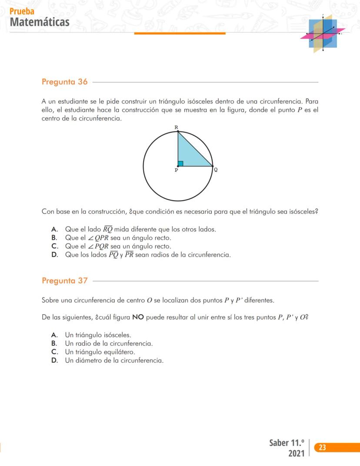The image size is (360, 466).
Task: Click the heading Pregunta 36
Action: pos(64,82)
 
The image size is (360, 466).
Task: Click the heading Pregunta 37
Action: pos(64,281)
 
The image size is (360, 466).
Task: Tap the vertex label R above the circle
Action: pos(176,127)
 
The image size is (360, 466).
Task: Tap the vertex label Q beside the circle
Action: pos(216,170)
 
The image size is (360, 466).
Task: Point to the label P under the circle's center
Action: pos(176,171)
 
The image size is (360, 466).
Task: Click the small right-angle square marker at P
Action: pos(180,164)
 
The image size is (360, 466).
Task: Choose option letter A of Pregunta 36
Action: pos(54,229)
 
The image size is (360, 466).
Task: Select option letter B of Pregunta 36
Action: pos(54,238)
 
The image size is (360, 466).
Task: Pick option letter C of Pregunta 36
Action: pos(54,246)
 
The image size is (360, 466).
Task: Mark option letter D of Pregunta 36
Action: pos(54,255)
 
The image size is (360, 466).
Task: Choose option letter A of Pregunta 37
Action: pos(54,335)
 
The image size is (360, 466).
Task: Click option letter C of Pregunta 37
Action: pos(54,352)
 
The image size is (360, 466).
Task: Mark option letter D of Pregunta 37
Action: pos(54,361)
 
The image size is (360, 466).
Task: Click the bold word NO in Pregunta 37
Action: pos(138,317)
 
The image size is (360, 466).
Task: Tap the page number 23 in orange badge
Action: pos(323,447)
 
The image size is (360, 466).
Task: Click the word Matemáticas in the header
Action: pos(39,22)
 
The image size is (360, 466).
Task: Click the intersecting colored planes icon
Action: pos(323,34)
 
